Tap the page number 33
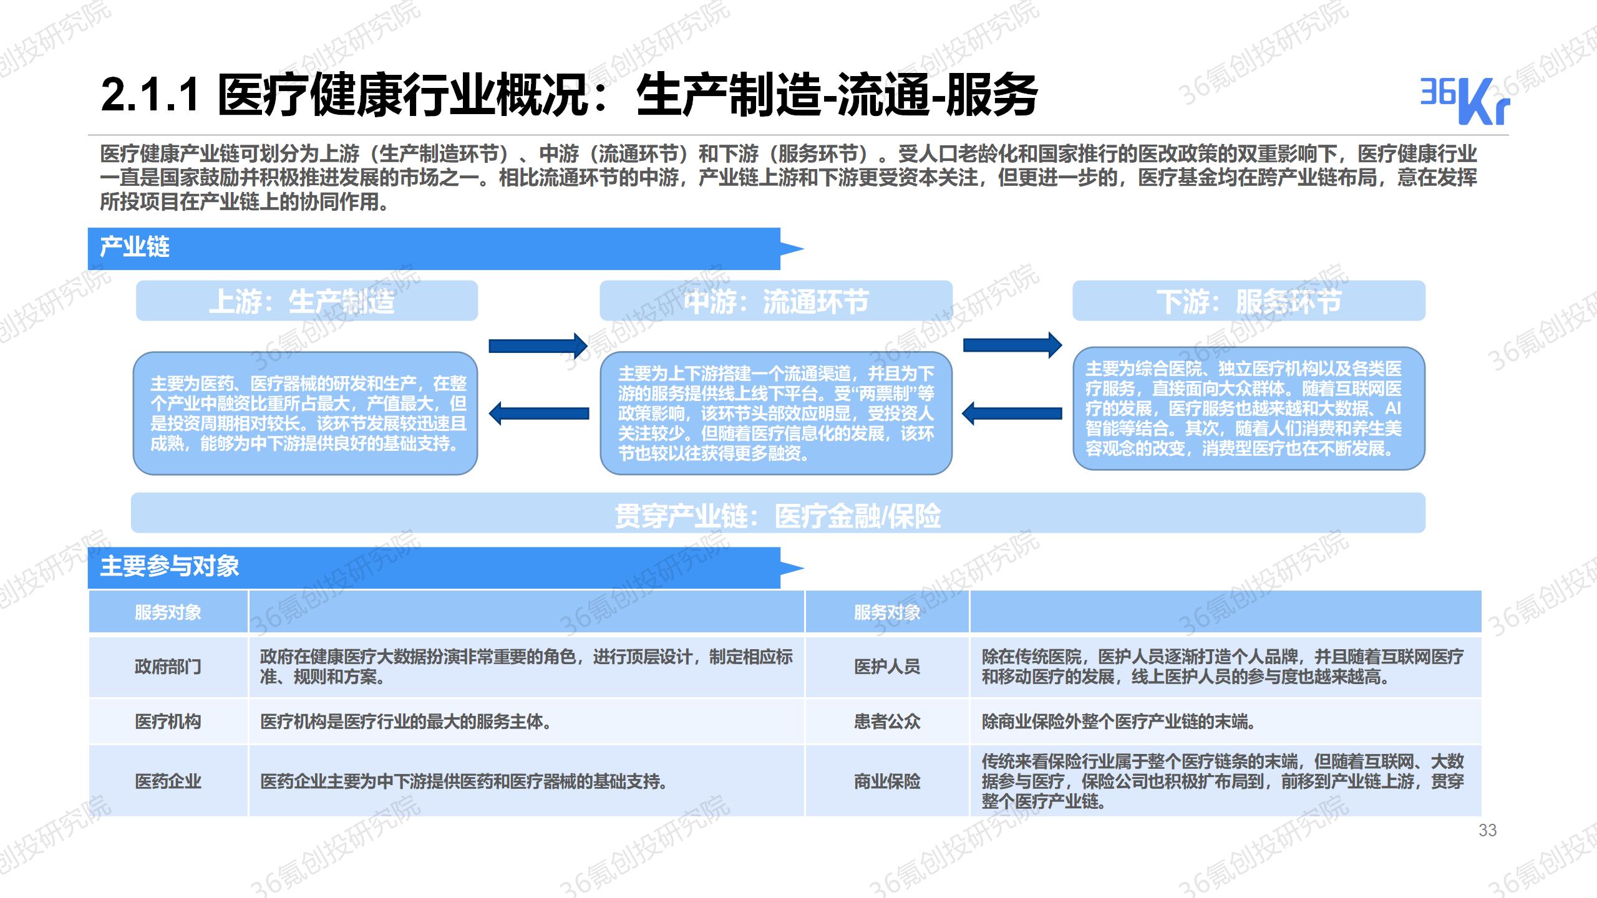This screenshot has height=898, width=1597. point(1487,830)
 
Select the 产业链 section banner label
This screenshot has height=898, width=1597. point(135,247)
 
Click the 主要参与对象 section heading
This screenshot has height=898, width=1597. point(170,566)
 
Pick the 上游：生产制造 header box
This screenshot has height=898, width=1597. point(307,301)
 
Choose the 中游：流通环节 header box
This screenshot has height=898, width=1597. point(776,301)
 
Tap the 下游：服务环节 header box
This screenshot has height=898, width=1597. point(1249,301)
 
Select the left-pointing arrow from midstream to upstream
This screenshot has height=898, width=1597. point(538,413)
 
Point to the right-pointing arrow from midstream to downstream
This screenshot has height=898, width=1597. point(1012,345)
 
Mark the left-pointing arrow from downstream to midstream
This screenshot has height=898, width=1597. point(1012,413)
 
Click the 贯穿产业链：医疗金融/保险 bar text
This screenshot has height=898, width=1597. point(777,516)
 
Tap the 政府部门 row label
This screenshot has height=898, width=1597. point(168,667)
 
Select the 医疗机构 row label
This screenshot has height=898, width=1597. point(168,722)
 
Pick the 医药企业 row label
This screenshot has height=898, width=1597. point(168,781)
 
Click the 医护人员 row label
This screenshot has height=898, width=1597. point(887,667)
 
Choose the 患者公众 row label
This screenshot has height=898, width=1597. point(887,722)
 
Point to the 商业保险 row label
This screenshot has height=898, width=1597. point(887,781)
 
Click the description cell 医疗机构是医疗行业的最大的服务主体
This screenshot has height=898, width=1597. point(405,722)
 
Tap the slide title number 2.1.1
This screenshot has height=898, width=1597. point(150,95)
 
